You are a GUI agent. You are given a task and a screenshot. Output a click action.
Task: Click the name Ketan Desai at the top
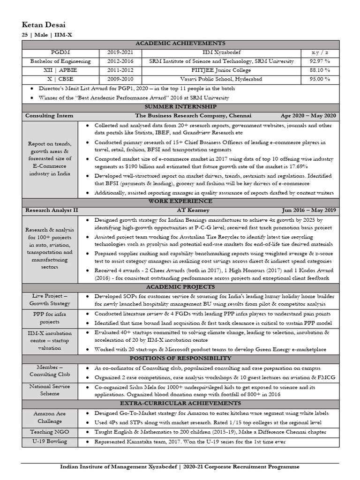48,24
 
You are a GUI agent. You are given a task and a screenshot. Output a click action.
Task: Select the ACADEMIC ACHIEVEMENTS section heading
180,43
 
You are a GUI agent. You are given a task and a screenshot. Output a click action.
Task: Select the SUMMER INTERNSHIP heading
180,107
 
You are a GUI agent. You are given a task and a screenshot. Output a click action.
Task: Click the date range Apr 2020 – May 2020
308,116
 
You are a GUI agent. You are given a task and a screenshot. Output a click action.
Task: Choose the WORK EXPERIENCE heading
180,201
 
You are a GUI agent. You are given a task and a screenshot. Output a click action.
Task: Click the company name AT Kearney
180,210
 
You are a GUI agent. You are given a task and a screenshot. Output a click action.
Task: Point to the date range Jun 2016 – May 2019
308,210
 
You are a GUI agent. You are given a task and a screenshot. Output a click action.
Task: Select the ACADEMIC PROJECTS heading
180,286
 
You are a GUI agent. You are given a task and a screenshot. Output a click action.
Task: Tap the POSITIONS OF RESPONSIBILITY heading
180,359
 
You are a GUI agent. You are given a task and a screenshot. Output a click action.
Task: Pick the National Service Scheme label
49,390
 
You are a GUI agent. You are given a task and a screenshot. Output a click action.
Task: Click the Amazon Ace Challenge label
49,417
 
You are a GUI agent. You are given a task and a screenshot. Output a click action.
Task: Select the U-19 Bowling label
49,441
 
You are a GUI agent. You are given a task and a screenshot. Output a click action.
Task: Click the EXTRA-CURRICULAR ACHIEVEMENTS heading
180,403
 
